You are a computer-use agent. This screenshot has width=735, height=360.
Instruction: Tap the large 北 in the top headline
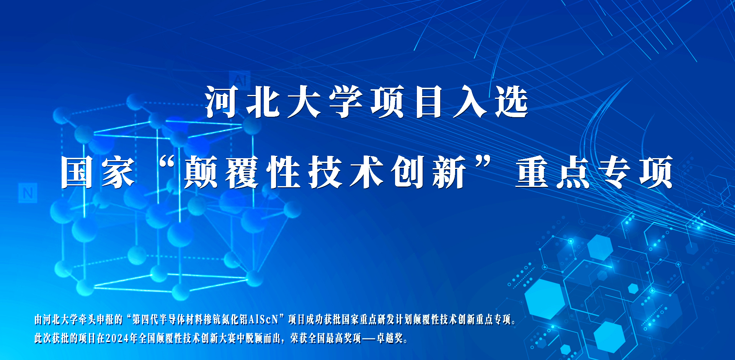(263, 102)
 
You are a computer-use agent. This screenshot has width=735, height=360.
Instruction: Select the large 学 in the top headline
(346, 102)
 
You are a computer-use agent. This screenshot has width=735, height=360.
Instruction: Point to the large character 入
(470, 102)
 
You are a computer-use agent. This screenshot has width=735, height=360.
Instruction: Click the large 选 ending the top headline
(512, 102)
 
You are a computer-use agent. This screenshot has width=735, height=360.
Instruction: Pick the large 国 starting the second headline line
(77, 172)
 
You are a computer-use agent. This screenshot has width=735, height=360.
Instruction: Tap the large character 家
(118, 172)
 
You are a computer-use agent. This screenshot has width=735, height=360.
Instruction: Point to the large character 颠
(201, 172)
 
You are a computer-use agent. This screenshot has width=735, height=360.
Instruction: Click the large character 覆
(242, 172)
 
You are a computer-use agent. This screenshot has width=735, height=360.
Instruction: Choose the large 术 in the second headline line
(366, 172)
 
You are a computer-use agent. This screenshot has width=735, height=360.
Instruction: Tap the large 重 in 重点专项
(532, 172)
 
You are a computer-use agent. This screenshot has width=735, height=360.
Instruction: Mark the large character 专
(615, 172)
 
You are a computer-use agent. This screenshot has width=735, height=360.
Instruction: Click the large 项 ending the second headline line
(656, 172)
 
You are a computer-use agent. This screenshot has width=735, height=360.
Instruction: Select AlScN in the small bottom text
(263, 319)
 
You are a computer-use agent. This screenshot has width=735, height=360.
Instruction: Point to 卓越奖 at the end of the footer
(390, 338)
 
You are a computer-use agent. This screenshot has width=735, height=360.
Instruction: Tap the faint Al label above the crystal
(240, 80)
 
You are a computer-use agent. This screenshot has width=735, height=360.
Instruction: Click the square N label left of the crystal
(28, 193)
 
